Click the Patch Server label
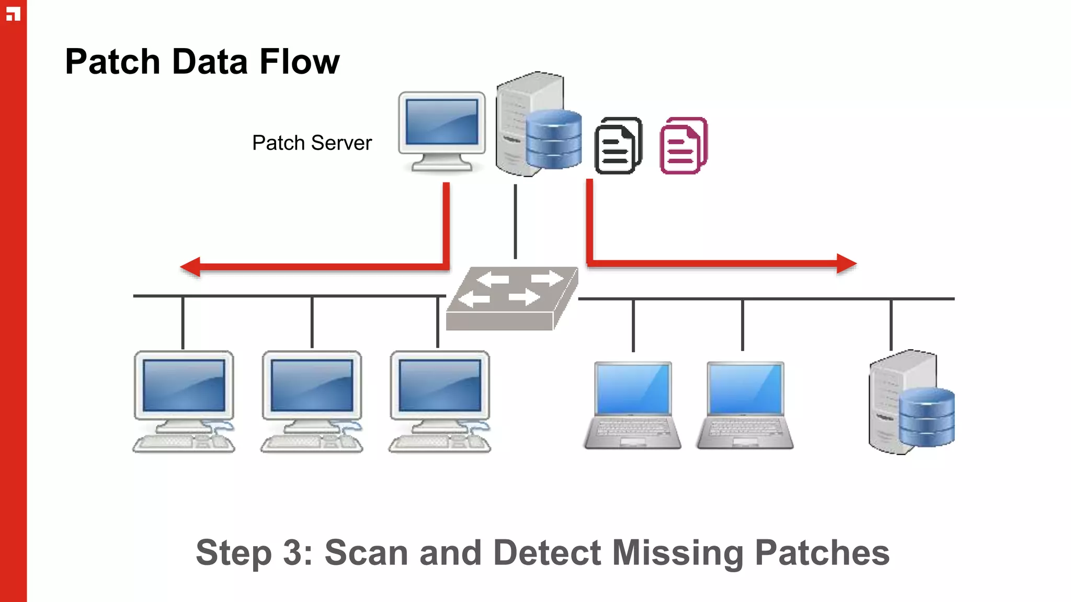pos(312,143)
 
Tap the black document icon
pos(618,146)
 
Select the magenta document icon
pos(683,146)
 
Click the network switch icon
pos(511,298)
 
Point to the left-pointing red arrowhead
pos(190,267)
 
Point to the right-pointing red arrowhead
pos(846,264)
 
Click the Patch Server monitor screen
pos(442,122)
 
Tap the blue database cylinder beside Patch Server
pos(553,139)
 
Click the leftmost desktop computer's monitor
pos(184,386)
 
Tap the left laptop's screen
pos(633,389)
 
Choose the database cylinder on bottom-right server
pos(927,417)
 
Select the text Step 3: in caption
pos(254,553)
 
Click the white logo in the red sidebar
pos(13,14)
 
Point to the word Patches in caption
pos(822,553)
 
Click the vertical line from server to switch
pos(515,221)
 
